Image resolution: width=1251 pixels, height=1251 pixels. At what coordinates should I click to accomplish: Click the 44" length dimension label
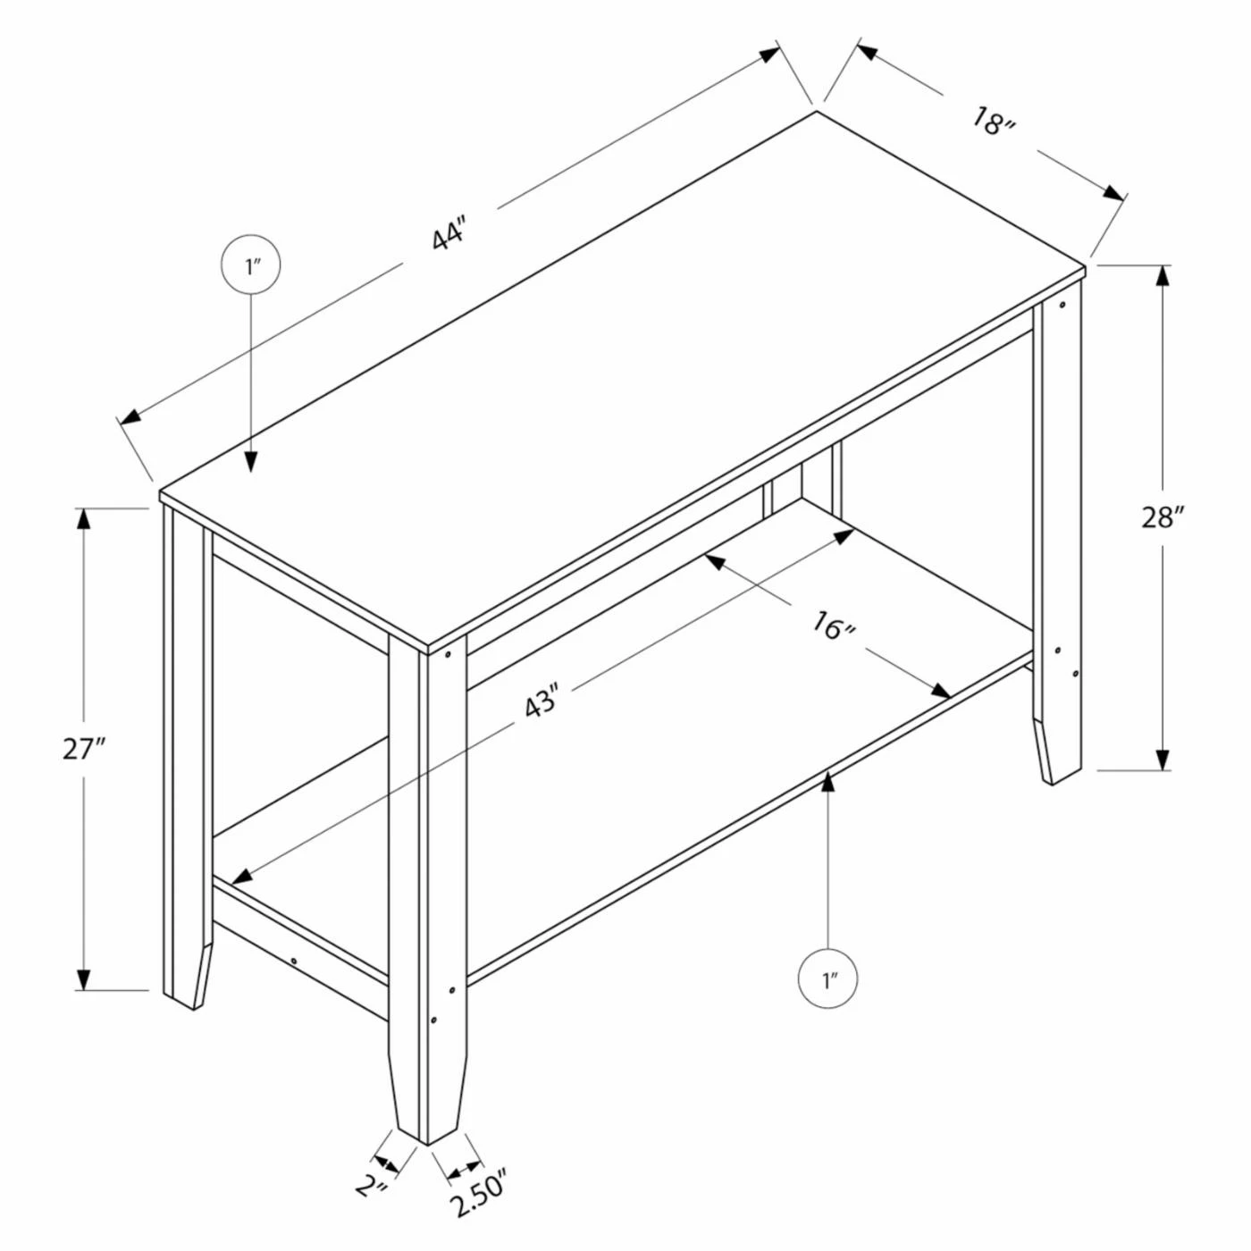pos(449,236)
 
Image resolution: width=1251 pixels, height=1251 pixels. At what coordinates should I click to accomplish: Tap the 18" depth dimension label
pos(993,121)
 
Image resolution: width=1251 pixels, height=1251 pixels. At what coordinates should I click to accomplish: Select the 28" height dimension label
pos(1163,518)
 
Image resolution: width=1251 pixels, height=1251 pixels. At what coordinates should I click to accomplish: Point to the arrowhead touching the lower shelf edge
pos(827,783)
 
